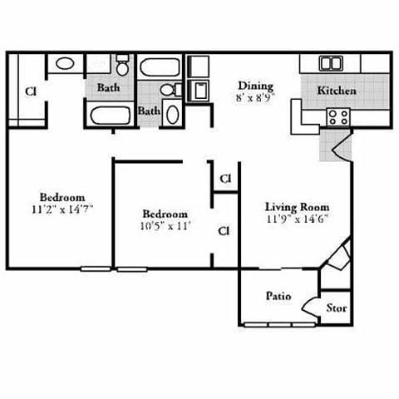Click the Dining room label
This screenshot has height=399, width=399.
pyautogui.click(x=255, y=86)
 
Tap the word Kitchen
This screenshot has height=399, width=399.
pyautogui.click(x=337, y=91)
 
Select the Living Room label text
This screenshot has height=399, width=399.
pyautogui.click(x=297, y=206)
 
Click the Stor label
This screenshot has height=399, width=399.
pyautogui.click(x=336, y=308)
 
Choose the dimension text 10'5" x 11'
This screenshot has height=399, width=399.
pyautogui.click(x=165, y=224)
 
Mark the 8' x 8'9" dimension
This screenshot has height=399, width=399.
pyautogui.click(x=255, y=97)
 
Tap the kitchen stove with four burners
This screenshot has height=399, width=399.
pyautogui.click(x=337, y=116)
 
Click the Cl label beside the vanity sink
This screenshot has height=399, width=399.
pyautogui.click(x=30, y=91)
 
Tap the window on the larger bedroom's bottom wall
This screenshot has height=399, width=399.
pyautogui.click(x=95, y=268)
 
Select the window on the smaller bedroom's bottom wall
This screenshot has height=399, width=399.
pyautogui.click(x=131, y=268)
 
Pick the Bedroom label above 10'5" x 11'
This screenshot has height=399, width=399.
pyautogui.click(x=165, y=213)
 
